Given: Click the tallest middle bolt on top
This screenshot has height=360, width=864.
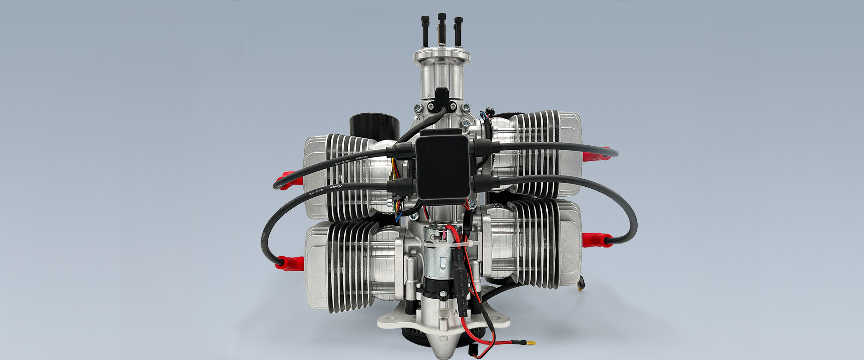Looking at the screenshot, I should tap(441, 27).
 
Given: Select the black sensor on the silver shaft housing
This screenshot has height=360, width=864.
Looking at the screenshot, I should tap(441, 99).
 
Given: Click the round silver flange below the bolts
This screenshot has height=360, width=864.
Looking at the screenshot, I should tap(441, 57).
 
